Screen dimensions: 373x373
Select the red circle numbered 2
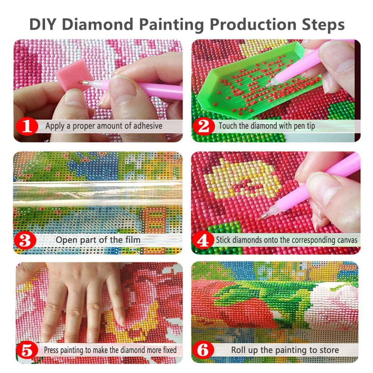pos(204,126)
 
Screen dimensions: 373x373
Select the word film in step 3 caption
pos(132,240)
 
